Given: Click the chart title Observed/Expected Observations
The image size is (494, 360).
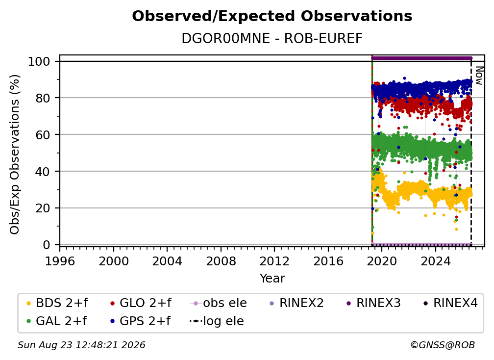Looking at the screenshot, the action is [272, 16].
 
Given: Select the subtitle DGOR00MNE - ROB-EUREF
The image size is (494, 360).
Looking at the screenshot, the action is [272, 39].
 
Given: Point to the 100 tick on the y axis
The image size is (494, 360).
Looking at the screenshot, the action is [39, 61].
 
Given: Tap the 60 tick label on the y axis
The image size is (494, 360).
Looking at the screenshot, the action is [43, 135].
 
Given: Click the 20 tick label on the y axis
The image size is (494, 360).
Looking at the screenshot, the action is [43, 208].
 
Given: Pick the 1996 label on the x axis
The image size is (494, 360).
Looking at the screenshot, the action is [60, 261].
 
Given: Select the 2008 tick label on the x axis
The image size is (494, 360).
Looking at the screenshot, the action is [221, 261].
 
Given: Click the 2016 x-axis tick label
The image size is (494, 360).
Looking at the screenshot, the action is [328, 261].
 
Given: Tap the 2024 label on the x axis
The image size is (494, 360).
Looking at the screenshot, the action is [436, 261].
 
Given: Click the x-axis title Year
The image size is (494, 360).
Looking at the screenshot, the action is [272, 279].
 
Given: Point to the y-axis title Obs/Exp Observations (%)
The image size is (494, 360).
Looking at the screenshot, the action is [15, 154].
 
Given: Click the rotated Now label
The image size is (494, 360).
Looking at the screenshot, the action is [479, 76].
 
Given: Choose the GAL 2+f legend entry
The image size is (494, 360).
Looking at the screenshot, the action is [56, 321].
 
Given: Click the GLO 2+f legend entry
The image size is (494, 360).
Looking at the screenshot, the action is [141, 303].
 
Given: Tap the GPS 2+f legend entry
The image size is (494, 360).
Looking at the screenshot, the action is [140, 321].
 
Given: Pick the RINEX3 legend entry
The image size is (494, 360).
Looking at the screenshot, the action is [373, 303].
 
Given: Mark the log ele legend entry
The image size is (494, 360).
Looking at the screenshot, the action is [217, 321].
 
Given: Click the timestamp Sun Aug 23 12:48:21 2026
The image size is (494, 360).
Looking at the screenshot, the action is [81, 345].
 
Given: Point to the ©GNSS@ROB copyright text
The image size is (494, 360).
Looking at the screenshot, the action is [443, 345].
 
